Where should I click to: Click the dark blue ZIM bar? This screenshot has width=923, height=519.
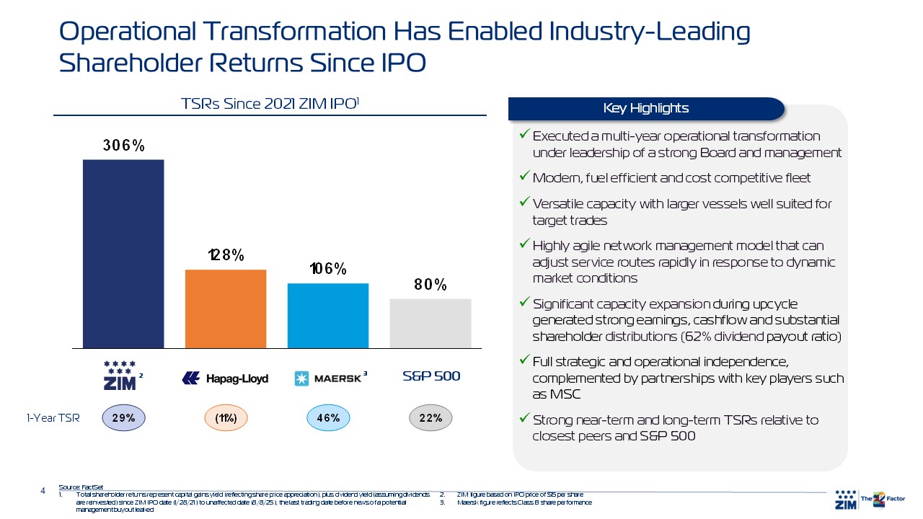pos(123,253)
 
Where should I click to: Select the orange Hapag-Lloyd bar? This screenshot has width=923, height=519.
pos(226,308)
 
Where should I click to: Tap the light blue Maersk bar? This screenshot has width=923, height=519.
pos(328,315)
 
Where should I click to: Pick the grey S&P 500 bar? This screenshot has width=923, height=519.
pos(430,323)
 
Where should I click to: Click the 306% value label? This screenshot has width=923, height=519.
pos(124,146)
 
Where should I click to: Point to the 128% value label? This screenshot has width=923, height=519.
pos(226,255)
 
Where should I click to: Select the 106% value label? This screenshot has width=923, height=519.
pos(328,270)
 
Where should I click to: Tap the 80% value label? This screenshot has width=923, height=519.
pos(430,285)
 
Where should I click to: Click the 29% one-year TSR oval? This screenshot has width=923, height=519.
pos(124,417)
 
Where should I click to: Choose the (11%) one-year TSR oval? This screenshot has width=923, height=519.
pos(226,417)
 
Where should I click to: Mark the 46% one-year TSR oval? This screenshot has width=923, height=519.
pos(328,417)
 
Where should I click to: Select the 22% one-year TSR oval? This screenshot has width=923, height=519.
pos(430,417)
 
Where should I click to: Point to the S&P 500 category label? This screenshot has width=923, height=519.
pos(430,376)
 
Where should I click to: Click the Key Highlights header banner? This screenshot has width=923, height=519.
pos(645,109)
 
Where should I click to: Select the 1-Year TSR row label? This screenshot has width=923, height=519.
pos(53,417)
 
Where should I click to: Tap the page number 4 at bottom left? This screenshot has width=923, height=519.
pos(43,492)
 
